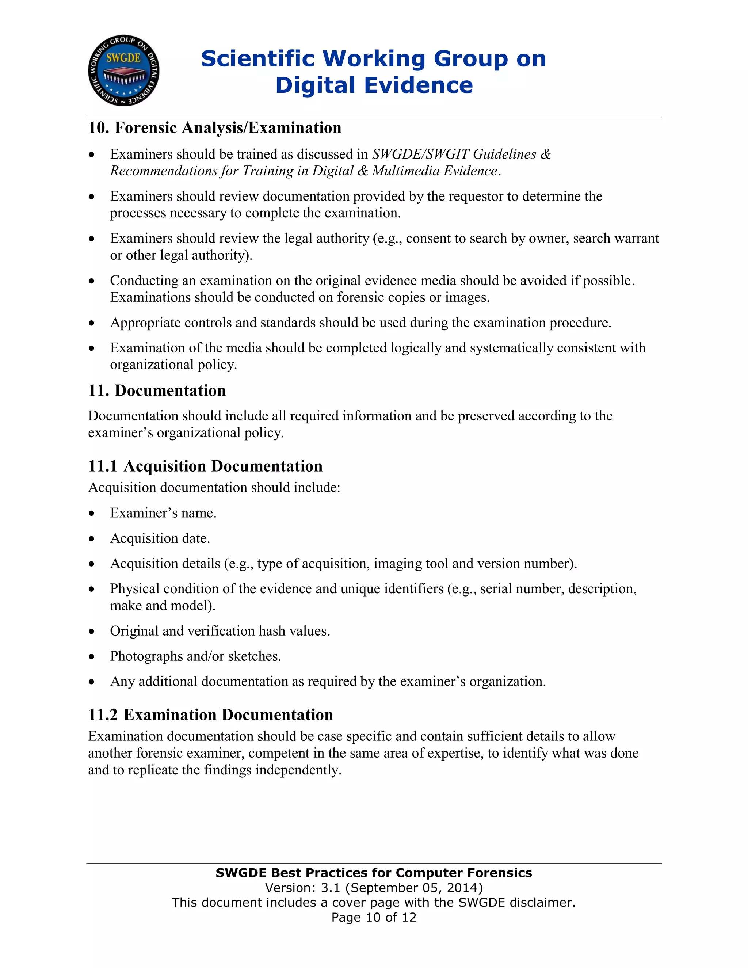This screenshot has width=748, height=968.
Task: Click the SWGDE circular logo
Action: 124,70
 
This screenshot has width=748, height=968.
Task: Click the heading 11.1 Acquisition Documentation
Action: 205,466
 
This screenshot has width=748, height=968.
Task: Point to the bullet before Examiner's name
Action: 91,513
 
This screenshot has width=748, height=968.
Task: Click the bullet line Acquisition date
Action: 160,538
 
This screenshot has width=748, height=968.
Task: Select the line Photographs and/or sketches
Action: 195,656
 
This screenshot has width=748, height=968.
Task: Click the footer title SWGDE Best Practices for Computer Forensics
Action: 374,873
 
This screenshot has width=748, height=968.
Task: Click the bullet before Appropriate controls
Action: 91,323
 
